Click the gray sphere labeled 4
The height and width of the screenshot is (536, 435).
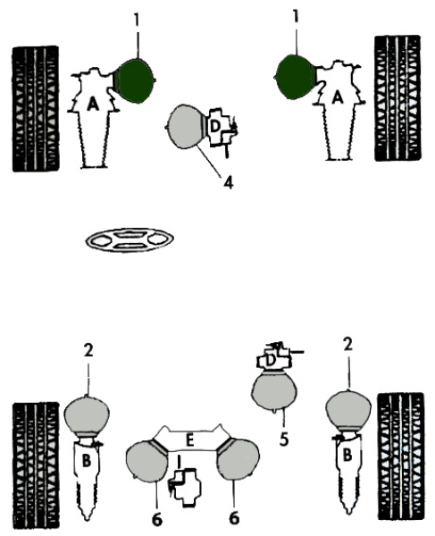186,127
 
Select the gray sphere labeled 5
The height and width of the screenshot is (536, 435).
274,390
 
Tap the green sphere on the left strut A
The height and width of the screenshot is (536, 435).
135,80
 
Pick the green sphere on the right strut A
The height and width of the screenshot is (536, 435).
296,77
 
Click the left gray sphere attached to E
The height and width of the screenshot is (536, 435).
147,461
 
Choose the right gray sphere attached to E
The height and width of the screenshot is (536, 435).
238,460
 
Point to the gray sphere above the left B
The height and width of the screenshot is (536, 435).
88,415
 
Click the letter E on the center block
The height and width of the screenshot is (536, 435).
189,440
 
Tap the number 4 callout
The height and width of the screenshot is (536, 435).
229,182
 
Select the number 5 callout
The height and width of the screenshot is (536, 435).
284,440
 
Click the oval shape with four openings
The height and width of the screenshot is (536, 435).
130,240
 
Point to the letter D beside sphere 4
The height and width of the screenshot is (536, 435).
214,127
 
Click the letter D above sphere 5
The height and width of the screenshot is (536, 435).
271,360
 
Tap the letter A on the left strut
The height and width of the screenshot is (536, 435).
93,104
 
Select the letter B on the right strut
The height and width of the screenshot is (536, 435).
347,456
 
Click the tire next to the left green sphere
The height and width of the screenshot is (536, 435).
35,109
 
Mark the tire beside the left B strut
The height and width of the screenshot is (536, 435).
36,466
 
